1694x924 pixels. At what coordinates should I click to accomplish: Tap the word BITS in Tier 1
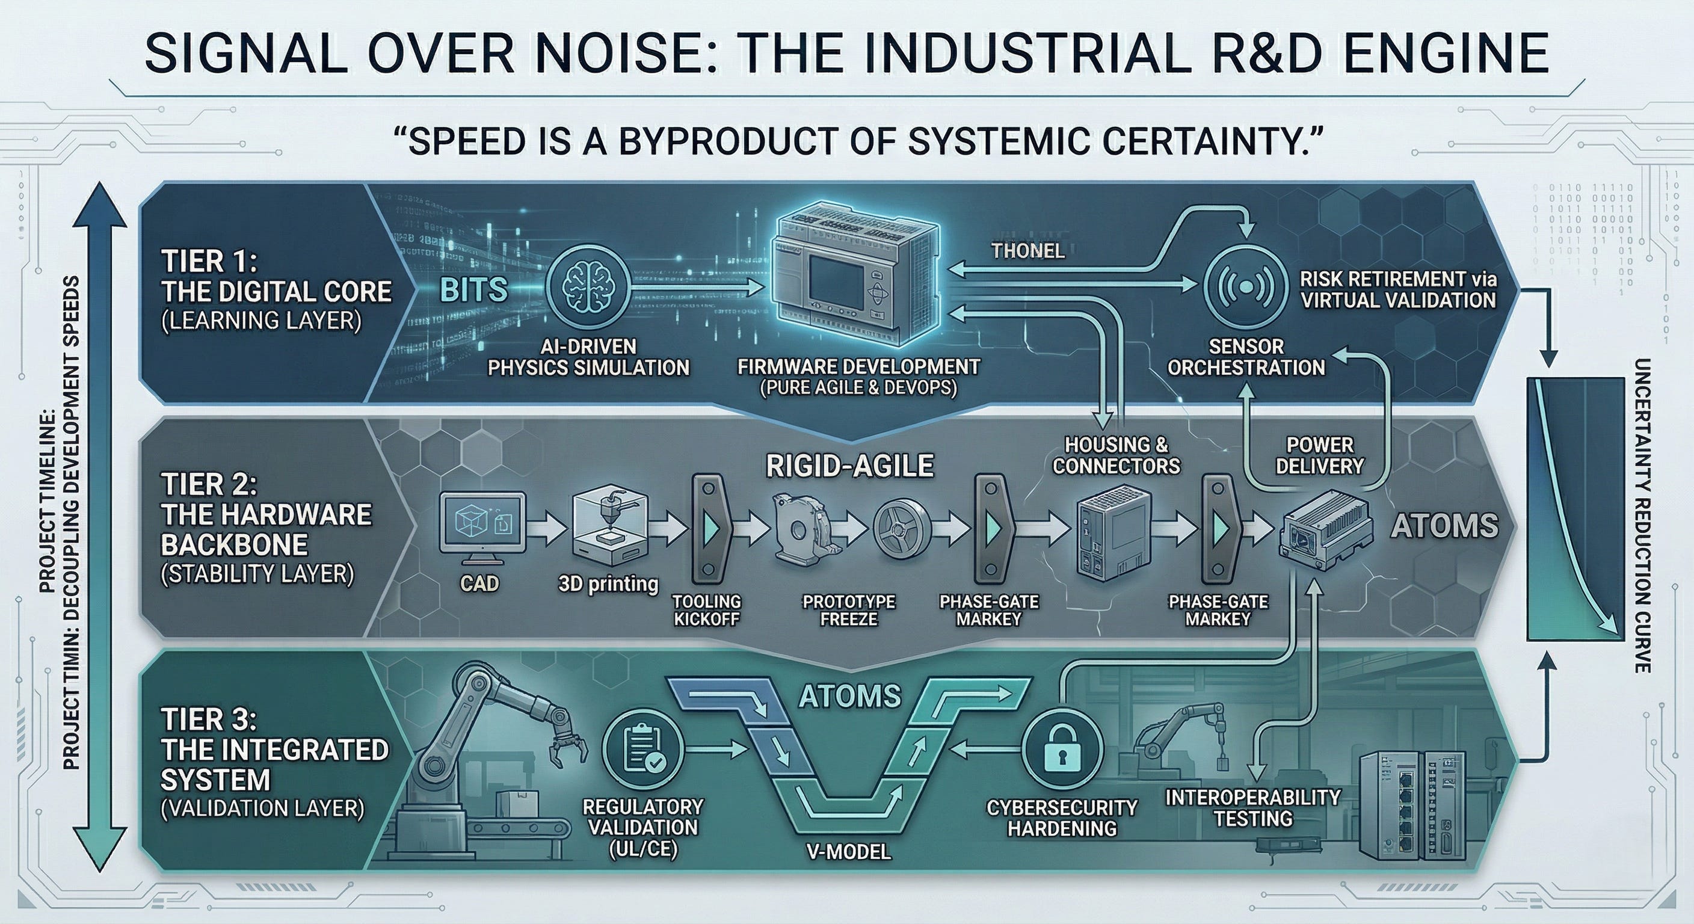click(x=473, y=289)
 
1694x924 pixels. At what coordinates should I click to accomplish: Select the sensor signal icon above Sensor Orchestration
click(x=1245, y=288)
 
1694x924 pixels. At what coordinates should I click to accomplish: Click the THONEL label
click(x=1028, y=251)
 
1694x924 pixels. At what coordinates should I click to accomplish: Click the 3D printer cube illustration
click(x=608, y=530)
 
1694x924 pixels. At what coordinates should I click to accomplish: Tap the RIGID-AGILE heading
click(x=849, y=466)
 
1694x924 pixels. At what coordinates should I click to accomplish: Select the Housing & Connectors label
click(x=1116, y=455)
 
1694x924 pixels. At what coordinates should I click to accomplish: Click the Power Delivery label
click(x=1320, y=455)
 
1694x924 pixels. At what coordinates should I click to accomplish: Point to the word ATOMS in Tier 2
click(x=1445, y=526)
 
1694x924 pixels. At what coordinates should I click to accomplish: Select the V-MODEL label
click(x=848, y=852)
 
